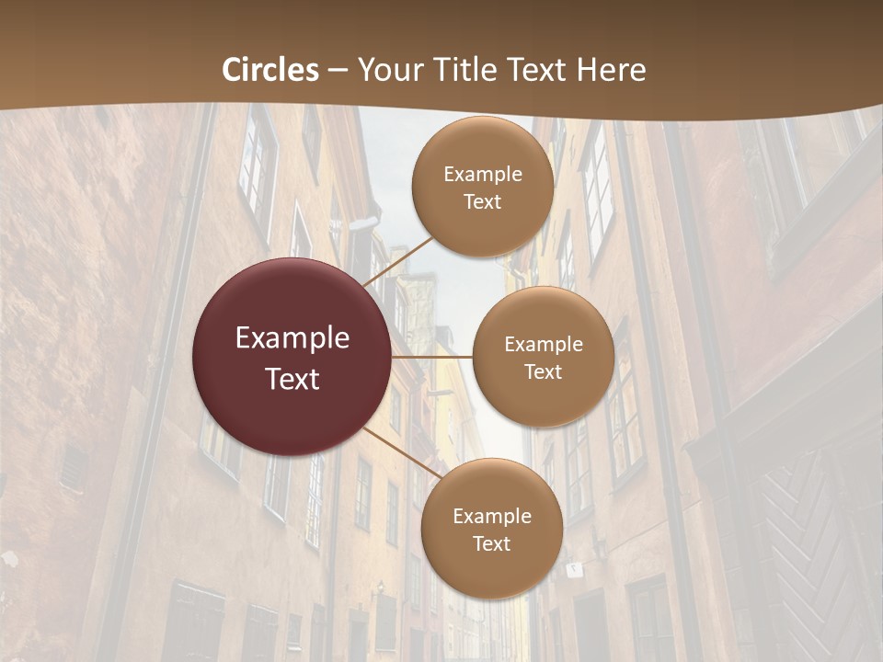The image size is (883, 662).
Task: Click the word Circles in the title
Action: click(270, 70)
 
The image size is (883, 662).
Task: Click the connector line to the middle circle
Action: click(432, 356)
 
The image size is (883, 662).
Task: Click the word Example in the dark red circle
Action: click(292, 338)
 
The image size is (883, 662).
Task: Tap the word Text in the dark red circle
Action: click(292, 378)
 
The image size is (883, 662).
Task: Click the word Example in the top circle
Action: click(482, 175)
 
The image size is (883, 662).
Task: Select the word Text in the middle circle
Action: click(543, 371)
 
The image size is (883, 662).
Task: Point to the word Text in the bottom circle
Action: click(491, 543)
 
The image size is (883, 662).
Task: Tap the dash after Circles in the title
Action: click(338, 71)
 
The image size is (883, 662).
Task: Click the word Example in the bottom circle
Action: click(491, 516)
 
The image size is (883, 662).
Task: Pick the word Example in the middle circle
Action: click(543, 344)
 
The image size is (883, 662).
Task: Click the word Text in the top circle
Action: click(482, 202)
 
